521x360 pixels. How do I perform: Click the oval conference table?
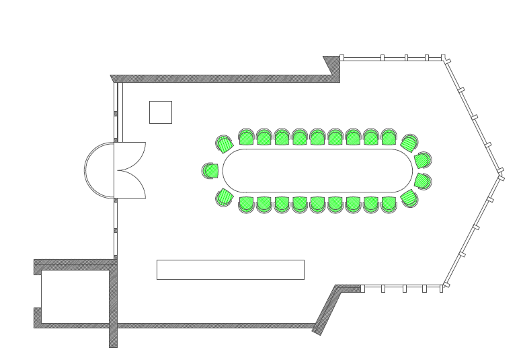click(x=317, y=171)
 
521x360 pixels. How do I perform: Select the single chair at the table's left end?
click(x=210, y=171)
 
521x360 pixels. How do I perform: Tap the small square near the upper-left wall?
click(x=160, y=112)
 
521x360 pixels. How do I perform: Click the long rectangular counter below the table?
click(x=230, y=269)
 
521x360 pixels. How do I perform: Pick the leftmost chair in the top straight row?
click(x=246, y=138)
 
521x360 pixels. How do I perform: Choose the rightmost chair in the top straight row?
click(x=389, y=138)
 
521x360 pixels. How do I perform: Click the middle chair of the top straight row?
click(x=317, y=138)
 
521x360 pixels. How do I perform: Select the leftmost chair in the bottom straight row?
click(x=246, y=204)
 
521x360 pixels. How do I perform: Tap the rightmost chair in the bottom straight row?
click(x=389, y=204)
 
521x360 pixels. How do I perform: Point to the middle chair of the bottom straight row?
click(x=317, y=204)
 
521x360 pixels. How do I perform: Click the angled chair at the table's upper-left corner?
click(x=225, y=144)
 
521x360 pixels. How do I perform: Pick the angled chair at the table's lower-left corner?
click(x=225, y=197)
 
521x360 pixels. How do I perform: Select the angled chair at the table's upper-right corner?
click(x=409, y=143)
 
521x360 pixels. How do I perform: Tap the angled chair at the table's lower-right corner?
click(x=409, y=198)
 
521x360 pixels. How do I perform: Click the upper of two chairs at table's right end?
click(x=422, y=160)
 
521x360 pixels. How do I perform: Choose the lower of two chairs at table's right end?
click(x=422, y=181)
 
